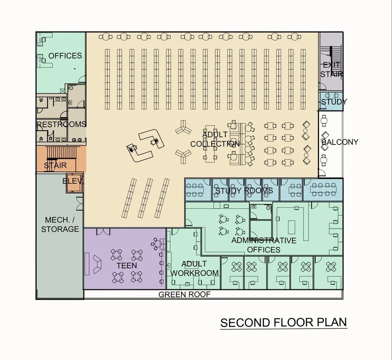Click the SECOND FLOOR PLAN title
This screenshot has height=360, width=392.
(283, 322)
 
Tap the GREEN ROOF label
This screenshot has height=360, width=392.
(184, 295)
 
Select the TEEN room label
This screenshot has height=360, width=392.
(127, 266)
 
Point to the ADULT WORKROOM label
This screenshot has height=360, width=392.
(194, 268)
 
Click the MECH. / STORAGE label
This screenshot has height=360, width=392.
(60, 224)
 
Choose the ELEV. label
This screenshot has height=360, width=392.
(73, 181)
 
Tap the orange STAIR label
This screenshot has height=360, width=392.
(55, 166)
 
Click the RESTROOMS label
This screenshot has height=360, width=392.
(61, 125)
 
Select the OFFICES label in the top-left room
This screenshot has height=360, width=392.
(65, 56)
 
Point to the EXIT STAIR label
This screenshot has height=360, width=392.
(332, 69)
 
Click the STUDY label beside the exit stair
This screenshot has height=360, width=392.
(334, 102)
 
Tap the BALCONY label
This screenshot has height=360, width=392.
(339, 142)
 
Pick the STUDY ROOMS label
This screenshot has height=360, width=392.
(244, 191)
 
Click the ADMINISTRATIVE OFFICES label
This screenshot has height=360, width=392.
(263, 245)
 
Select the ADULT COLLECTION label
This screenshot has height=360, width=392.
(215, 139)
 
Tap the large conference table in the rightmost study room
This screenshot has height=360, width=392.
(322, 189)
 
